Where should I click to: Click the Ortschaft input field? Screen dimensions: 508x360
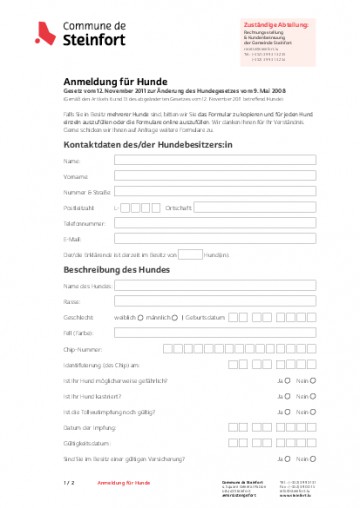255,207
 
